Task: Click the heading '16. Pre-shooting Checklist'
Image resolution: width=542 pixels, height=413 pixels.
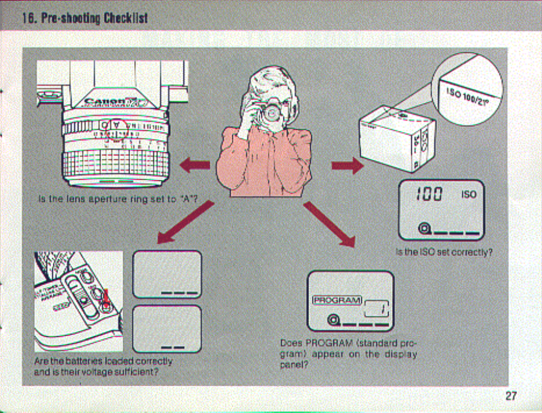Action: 85,18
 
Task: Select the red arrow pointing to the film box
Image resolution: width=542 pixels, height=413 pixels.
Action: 347,166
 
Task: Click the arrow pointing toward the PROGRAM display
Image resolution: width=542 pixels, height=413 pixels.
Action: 330,223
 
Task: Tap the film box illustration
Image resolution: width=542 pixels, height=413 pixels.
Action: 397,137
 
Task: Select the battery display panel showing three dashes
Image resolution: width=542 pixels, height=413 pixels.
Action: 167,274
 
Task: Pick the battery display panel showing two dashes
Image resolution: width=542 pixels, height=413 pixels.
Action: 167,329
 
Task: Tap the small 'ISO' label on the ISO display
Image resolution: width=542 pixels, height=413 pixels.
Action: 469,194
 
